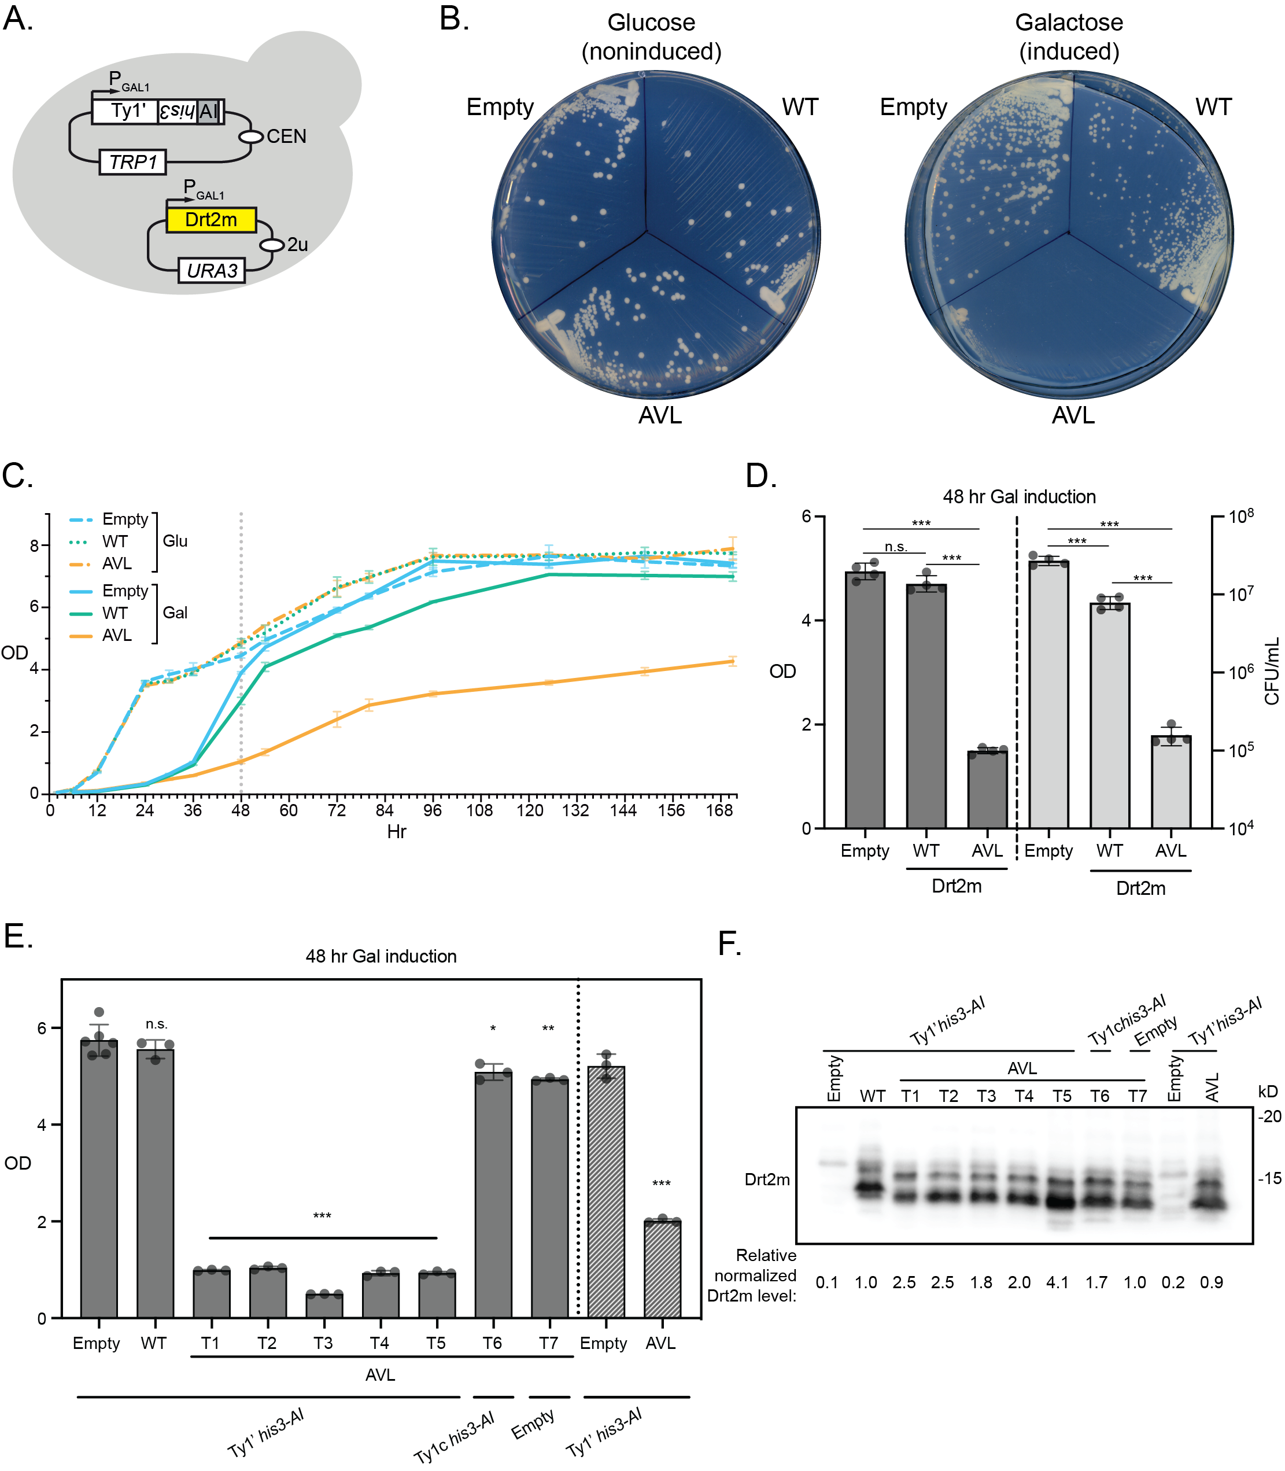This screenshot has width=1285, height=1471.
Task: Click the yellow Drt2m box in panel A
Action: click(211, 219)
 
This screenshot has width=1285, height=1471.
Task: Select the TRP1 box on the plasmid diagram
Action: click(132, 162)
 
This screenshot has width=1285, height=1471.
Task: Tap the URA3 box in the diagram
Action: click(212, 270)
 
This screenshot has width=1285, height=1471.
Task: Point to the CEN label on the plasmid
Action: click(286, 137)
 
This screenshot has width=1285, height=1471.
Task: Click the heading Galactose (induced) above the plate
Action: click(1069, 36)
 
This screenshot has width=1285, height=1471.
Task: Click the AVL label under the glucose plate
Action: click(660, 415)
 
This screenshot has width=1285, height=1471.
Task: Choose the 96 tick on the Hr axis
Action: click(433, 810)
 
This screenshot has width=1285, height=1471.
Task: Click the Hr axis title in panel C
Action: click(397, 831)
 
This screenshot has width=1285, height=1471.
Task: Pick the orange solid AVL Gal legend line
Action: click(81, 636)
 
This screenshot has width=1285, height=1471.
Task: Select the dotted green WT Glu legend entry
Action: click(81, 541)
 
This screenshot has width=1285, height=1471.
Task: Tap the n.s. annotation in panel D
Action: click(896, 547)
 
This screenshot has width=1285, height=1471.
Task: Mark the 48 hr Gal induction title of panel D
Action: click(1019, 496)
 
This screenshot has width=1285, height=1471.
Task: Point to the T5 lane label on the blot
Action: click(1062, 1096)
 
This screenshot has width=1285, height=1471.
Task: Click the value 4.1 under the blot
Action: click(1058, 1282)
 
